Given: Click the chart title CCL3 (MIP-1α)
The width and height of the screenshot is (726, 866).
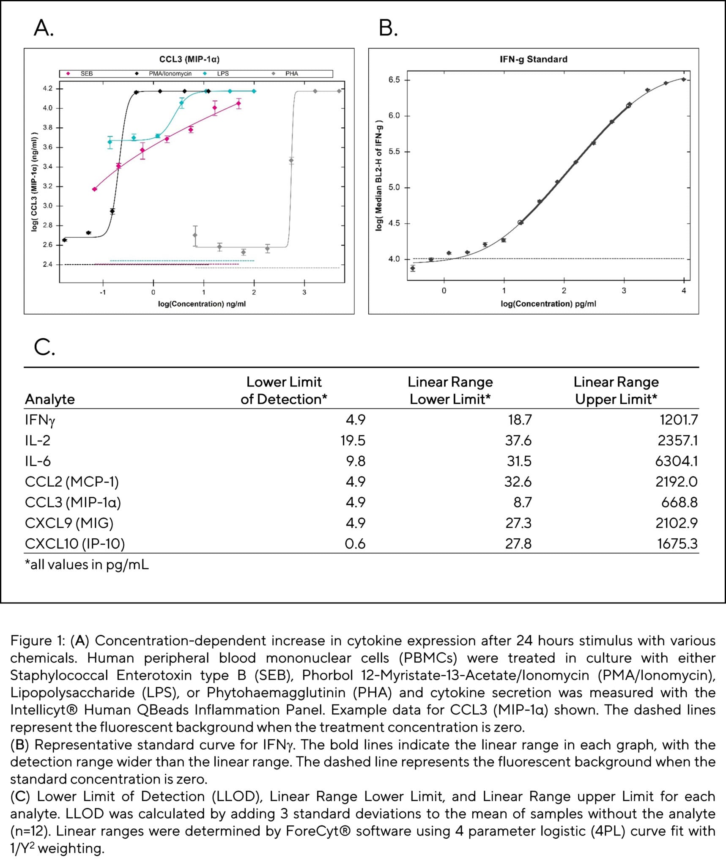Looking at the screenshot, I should point(189,59).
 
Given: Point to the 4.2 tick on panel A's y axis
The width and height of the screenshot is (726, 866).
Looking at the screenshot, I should point(47,88).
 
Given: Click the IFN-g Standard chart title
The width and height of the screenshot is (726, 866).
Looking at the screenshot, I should point(533,59).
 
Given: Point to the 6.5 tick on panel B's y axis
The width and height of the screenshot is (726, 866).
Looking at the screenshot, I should point(394,80).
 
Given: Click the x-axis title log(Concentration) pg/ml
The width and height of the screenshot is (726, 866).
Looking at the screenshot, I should point(548,304).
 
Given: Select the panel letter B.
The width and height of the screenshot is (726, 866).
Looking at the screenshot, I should point(388,29).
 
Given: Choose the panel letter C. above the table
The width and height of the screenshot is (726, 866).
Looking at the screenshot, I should point(44,347).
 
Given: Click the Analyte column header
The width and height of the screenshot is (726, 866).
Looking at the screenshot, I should point(50,399).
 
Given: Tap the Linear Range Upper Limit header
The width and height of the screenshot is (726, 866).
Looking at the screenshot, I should point(616,391).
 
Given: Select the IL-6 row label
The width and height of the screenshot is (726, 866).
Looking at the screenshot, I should point(38,461).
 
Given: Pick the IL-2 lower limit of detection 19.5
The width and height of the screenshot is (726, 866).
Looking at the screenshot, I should point(353,441).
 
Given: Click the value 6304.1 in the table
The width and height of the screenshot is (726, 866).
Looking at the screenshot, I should point(676,461).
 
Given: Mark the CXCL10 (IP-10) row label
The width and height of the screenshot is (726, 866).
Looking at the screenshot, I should point(75,543).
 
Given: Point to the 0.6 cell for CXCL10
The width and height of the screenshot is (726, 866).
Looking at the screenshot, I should point(355,543).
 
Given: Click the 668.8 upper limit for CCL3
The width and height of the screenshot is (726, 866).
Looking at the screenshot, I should point(679,502).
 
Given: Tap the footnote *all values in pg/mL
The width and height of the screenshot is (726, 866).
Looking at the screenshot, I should point(87,565).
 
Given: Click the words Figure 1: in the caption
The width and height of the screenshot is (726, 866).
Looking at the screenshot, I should point(38,641).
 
